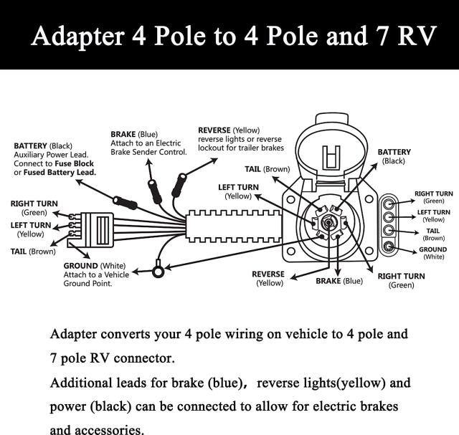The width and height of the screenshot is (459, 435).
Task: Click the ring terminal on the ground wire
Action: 158,271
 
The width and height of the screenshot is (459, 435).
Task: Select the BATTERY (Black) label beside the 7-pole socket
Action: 394,156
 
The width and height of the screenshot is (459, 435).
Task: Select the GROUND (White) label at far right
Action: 432,253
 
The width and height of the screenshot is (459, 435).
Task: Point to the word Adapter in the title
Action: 75,36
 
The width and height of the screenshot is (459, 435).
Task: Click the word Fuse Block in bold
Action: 75,163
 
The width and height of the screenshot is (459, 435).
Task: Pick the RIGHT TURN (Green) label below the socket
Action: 401,280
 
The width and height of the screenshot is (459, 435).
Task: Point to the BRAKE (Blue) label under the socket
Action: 339,281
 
